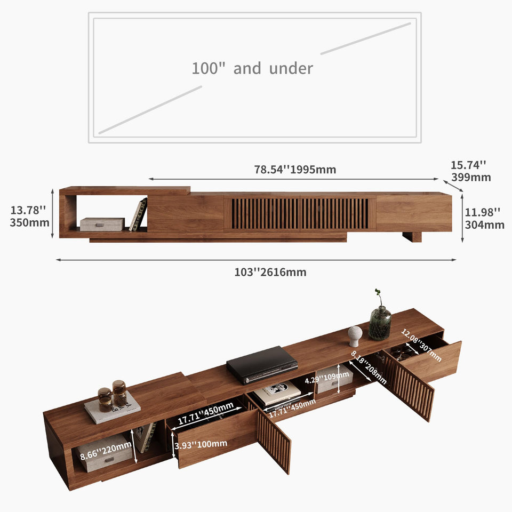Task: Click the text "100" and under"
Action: click(252, 69)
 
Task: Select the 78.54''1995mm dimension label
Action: click(295, 170)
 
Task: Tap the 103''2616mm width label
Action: click(270, 272)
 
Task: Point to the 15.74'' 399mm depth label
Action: click(469, 171)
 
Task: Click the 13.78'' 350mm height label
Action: click(29, 217)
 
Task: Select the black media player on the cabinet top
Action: click(262, 364)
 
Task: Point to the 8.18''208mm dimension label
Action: click(369, 367)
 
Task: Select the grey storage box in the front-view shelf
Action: click(102, 224)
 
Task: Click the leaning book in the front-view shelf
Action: click(138, 214)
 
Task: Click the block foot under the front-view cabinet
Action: click(412, 236)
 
